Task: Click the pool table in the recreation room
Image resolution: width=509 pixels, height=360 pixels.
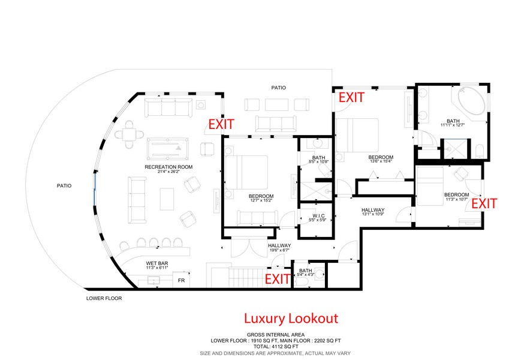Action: [x=167, y=149]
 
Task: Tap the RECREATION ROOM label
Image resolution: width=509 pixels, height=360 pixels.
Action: [x=168, y=167]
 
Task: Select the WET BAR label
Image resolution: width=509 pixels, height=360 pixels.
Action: [x=157, y=263]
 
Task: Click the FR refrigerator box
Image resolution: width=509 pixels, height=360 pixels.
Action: [x=181, y=280]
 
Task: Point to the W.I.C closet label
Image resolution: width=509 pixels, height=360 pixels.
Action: [x=318, y=216]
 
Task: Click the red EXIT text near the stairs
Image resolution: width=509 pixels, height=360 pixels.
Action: [x=277, y=279]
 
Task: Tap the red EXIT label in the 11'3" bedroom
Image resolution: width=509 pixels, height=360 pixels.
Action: [x=484, y=204]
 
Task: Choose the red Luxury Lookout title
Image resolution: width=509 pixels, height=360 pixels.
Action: [x=291, y=319]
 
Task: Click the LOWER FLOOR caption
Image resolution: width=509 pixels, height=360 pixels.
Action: [x=104, y=298]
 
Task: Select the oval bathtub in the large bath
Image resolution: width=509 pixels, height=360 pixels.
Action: [x=471, y=101]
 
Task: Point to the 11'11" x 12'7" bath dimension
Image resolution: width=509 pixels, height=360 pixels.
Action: [x=453, y=125]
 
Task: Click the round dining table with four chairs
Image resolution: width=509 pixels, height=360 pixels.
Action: [x=129, y=134]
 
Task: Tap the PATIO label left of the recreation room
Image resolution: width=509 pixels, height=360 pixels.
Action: [x=64, y=185]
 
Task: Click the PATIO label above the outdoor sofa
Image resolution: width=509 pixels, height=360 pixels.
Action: [x=279, y=88]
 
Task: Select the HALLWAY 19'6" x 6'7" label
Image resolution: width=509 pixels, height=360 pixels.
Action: [x=279, y=248]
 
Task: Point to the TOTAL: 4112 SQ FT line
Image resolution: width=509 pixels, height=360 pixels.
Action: [x=276, y=347]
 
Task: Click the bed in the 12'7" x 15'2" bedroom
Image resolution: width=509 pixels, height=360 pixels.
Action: [x=246, y=172]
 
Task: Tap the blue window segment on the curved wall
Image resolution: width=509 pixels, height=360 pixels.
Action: [x=95, y=188]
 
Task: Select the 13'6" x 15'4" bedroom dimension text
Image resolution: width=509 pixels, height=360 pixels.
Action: [x=381, y=161]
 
